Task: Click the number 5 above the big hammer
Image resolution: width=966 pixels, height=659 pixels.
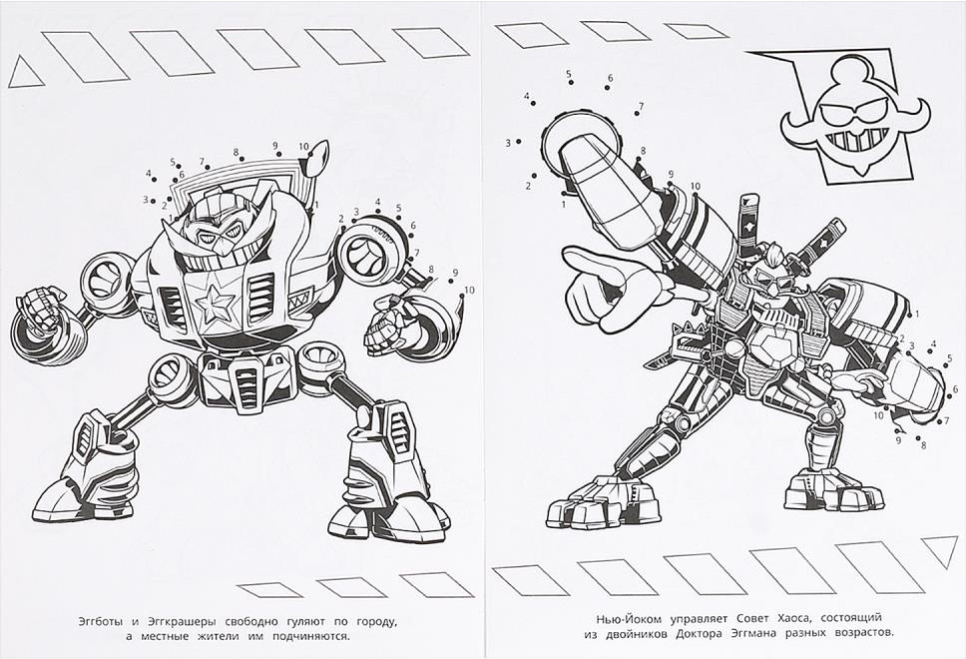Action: point(569,74)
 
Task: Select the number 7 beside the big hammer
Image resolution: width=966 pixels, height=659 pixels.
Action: point(641,107)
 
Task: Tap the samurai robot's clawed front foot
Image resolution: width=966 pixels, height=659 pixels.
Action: point(601,502)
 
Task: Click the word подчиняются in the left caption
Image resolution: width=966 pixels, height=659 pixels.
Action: point(312,637)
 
